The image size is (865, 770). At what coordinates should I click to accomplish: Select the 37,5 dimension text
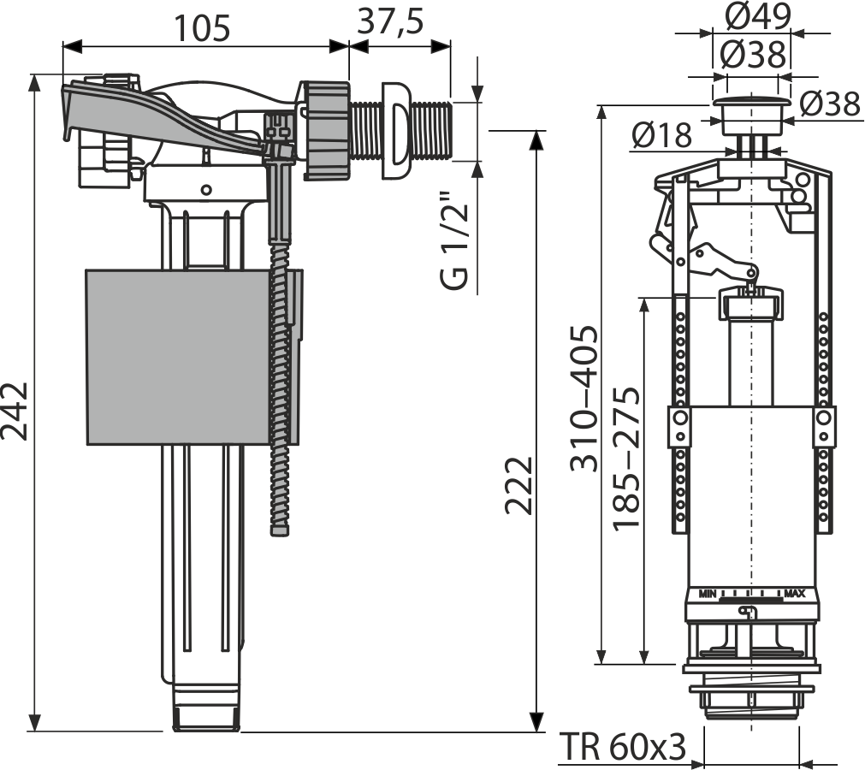tap(390, 21)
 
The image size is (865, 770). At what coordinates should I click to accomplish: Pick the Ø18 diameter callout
tap(663, 133)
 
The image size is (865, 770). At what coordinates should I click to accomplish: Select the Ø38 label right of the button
tap(831, 104)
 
